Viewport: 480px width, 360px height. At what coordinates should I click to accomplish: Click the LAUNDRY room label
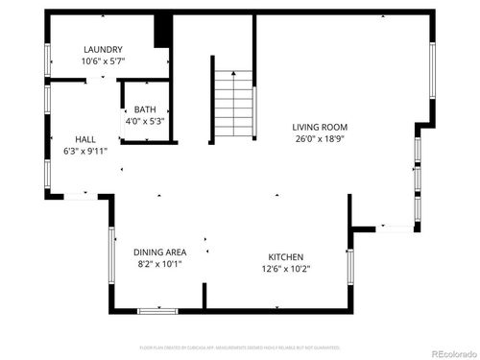103,50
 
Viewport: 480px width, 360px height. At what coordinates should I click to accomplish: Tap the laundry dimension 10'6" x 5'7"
103,60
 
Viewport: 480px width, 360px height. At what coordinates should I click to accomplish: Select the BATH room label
145,109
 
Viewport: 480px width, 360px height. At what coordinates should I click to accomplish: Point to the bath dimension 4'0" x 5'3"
145,121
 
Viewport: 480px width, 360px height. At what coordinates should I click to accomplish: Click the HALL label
85,139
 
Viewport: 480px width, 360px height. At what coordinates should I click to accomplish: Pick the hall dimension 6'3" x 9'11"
85,151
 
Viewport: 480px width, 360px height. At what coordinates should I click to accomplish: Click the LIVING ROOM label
320,127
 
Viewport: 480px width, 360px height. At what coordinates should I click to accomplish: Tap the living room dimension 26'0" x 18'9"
320,138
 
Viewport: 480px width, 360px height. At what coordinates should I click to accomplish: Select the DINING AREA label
159,252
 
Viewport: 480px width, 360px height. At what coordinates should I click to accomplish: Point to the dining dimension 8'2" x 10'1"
158,263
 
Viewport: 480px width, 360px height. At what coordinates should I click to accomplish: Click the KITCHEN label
286,257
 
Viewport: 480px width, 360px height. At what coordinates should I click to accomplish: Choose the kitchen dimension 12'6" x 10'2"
286,269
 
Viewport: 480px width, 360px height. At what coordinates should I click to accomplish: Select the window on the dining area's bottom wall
157,310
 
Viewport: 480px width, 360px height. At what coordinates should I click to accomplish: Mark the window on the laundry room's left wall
47,59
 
